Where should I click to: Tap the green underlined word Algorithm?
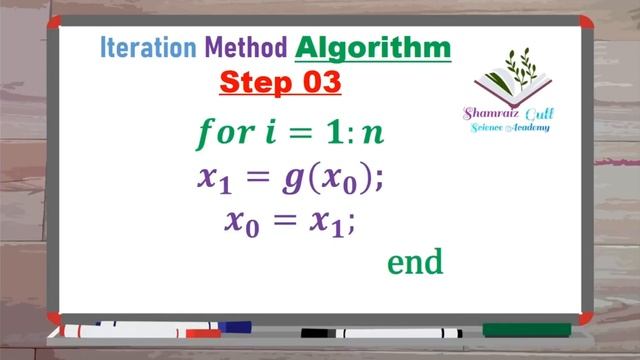point(373,47)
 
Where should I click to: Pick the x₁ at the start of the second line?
point(213,179)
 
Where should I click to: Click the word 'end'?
point(414,262)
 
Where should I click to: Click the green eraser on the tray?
point(526,329)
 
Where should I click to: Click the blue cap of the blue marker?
point(235,326)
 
